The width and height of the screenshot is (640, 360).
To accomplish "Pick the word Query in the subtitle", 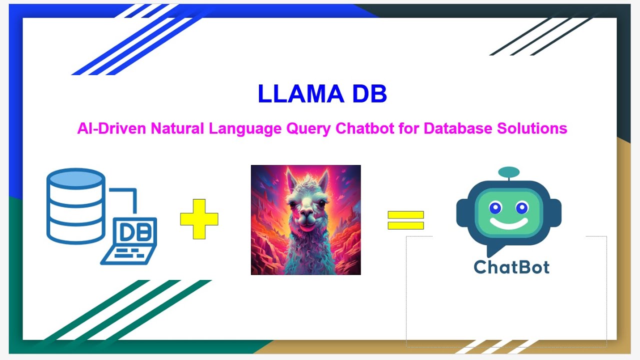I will [x=308, y=128].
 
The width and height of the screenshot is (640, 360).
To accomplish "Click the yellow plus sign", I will [x=199, y=218].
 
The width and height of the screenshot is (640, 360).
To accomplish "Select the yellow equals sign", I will [x=405, y=220].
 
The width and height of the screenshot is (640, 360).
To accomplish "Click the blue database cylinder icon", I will [x=76, y=205].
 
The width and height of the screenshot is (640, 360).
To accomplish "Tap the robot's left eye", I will [x=495, y=207].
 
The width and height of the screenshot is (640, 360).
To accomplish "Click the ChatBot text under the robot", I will [x=511, y=266].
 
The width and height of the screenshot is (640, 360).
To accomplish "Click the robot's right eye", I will [x=522, y=207].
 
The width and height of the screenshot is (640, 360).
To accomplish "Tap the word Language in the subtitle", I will [x=244, y=128].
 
